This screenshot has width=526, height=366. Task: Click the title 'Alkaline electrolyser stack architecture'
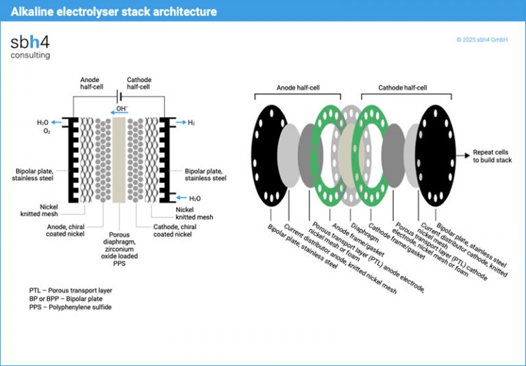coord(114,11)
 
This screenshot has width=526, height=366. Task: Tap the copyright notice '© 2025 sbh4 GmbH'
coord(481,40)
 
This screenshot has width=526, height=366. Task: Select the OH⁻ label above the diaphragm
coord(122,109)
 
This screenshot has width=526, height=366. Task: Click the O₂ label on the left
coord(47,131)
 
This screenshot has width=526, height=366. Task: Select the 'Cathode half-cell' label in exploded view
coord(403,88)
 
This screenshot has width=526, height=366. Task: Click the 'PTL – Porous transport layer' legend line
coord(66,290)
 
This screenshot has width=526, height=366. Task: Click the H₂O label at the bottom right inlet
coord(195,198)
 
